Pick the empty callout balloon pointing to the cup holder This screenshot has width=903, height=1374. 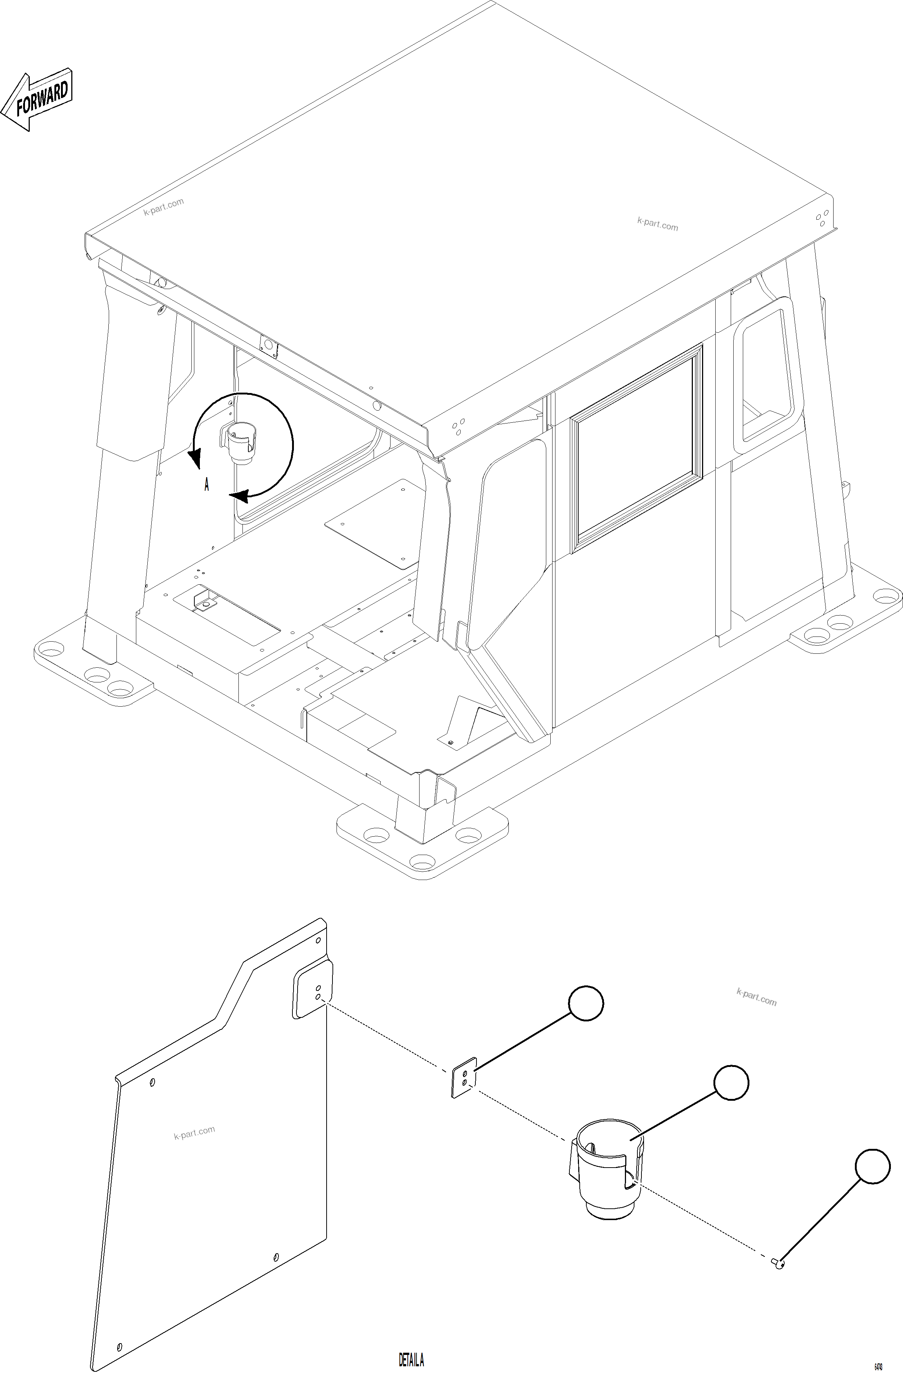pyautogui.click(x=731, y=1082)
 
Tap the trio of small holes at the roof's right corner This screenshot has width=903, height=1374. pyautogui.click(x=821, y=218)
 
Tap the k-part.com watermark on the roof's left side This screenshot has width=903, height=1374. pyautogui.click(x=164, y=206)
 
